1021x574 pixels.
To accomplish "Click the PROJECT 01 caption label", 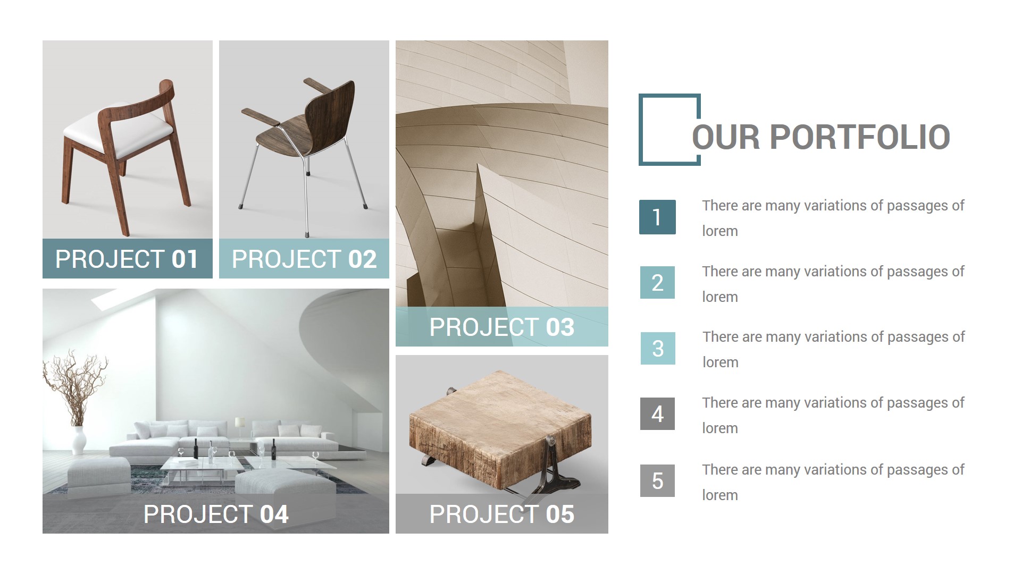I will (127, 259).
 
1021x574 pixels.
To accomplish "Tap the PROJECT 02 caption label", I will (304, 259).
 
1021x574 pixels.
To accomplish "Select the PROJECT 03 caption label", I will (501, 327).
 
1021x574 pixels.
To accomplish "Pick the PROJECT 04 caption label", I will (216, 514).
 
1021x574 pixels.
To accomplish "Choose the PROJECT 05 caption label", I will (501, 514).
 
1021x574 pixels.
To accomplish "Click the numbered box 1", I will (657, 217).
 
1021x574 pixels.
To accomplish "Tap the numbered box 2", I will (657, 282).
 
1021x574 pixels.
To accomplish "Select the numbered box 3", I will (658, 348).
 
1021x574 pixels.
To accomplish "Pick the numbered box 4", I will (657, 413).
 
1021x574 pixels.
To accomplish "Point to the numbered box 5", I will (657, 480).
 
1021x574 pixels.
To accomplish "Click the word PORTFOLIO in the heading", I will (859, 137).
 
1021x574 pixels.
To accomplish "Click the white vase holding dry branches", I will (79, 440).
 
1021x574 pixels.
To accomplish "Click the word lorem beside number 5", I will (719, 495).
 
